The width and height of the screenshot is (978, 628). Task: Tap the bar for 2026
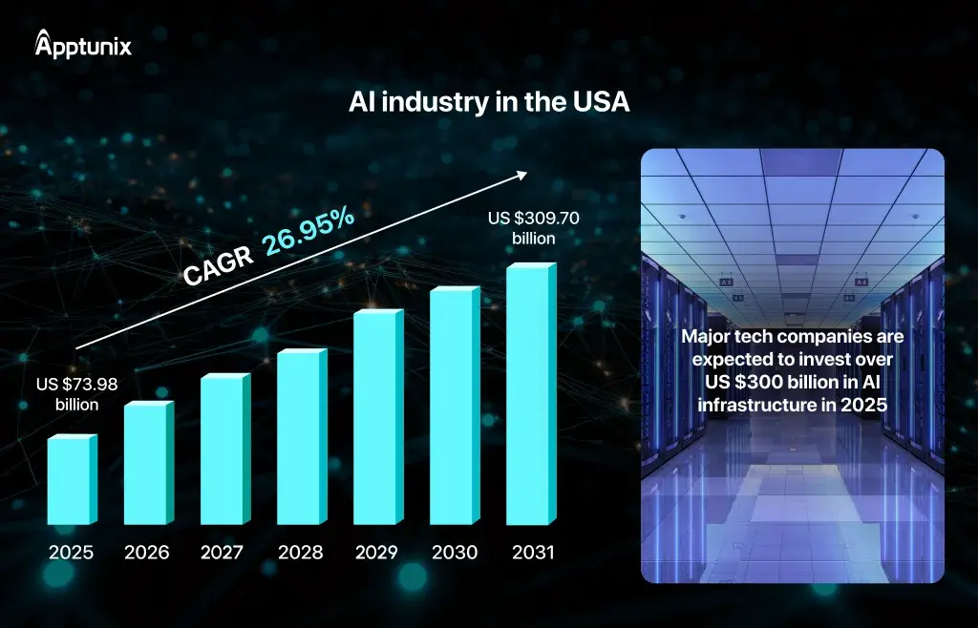pos(147,464)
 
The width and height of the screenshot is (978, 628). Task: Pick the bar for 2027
pos(223,450)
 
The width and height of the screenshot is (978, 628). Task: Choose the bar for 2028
pos(300,438)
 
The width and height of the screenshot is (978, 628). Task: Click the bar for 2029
pos(377,417)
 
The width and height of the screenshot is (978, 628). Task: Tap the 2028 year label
pos(300,552)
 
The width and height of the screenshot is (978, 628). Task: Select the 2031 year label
pos(531,552)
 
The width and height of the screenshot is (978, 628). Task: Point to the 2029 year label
pos(377,552)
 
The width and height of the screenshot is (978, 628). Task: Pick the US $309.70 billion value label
pos(533,227)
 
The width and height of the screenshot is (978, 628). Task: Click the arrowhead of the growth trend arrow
pos(521,175)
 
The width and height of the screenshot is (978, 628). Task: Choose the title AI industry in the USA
pos(488,103)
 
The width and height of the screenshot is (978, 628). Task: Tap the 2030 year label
pos(454,552)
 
